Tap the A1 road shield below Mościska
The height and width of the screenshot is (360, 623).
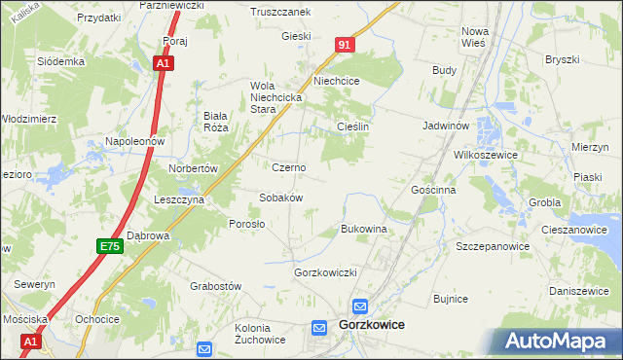tap(30, 342)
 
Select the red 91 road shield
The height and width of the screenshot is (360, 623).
tap(346, 45)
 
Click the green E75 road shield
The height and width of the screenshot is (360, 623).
tap(110, 248)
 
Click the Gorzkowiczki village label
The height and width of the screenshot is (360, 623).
tap(326, 272)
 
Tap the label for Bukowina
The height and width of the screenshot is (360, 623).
tap(364, 230)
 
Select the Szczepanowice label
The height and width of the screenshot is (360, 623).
tap(492, 247)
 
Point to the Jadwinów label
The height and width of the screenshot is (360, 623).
tap(447, 126)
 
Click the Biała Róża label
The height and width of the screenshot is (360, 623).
tap(214, 121)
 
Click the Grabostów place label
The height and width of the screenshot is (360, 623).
tap(215, 287)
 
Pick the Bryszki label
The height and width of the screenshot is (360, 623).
tap(562, 59)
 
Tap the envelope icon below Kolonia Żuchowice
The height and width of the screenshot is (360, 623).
tap(204, 348)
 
